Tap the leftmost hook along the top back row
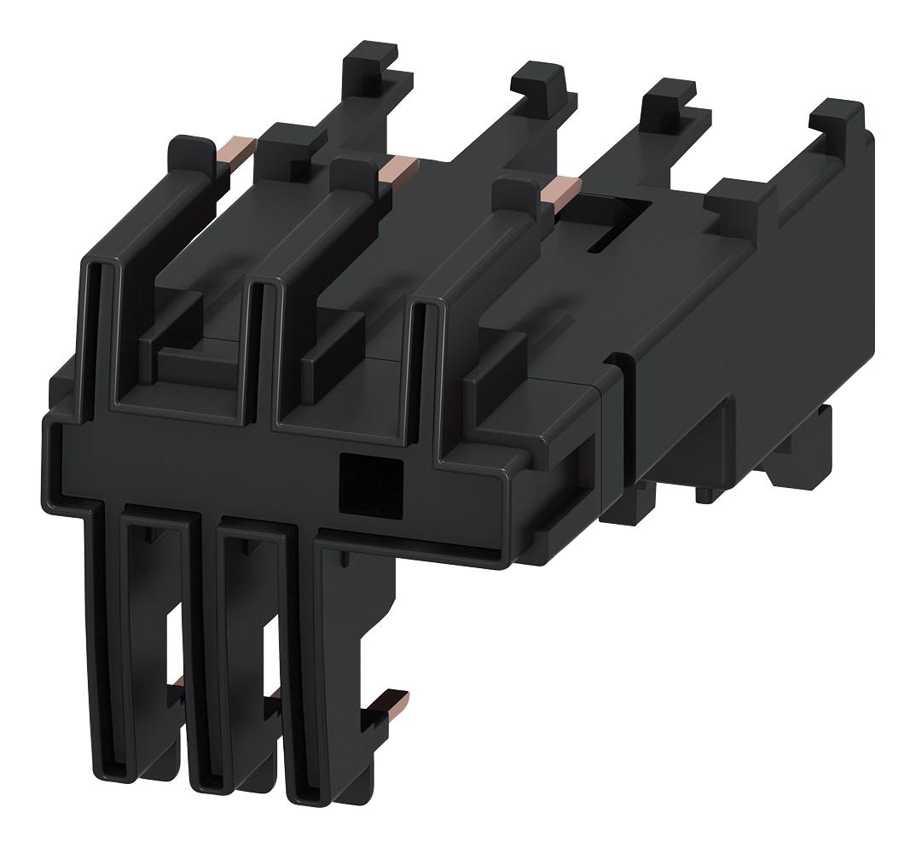pyautogui.click(x=372, y=73)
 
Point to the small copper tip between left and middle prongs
pyautogui.click(x=179, y=682)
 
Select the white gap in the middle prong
pyautogui.click(x=272, y=657)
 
